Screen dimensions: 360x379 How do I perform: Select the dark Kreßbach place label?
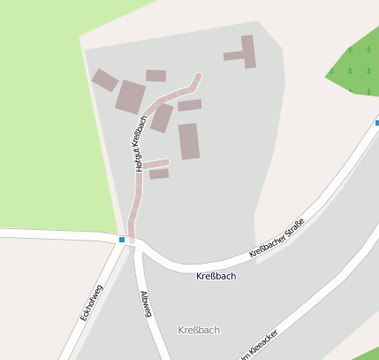(x=216, y=276)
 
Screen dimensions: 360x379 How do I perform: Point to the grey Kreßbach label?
(x=199, y=330)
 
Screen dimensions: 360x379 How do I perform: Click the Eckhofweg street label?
(x=91, y=303)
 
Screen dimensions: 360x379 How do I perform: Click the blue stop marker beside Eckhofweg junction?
(x=122, y=239)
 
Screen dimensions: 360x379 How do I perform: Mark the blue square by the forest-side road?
(x=376, y=123)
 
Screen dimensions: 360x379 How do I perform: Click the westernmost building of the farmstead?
(x=104, y=80)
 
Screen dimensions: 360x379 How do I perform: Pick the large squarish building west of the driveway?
(x=130, y=96)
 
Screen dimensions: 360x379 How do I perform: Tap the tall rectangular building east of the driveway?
(x=189, y=141)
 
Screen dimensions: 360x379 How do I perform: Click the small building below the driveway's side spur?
(x=159, y=174)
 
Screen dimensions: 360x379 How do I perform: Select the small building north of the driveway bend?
(x=156, y=76)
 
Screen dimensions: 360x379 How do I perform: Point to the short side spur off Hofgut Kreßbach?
(x=155, y=164)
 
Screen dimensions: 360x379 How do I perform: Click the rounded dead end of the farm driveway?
(x=198, y=77)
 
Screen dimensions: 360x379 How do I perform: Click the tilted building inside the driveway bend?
(x=162, y=118)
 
